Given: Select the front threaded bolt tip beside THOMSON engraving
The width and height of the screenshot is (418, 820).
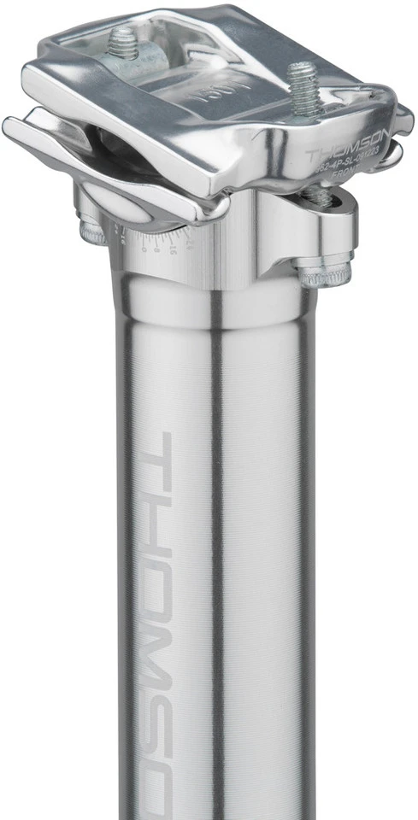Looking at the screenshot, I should click(x=303, y=85).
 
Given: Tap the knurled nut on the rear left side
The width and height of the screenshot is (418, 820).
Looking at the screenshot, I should click(x=95, y=231).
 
